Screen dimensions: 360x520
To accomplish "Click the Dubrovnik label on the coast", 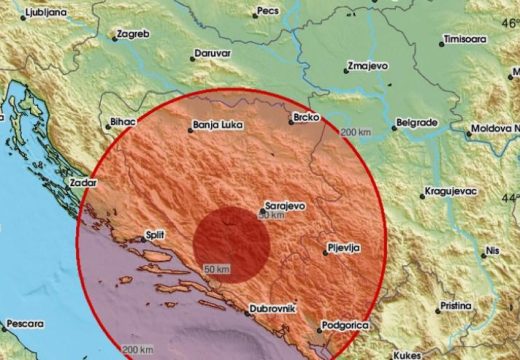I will pos(271,310).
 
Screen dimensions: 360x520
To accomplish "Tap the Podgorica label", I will pos(346,327).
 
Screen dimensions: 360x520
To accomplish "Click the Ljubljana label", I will pos(30,12).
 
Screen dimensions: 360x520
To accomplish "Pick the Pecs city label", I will pos(266,11).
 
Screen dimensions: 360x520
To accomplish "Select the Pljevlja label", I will pos(343,246).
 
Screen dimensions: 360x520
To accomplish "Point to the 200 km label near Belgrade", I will pos(354,134).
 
